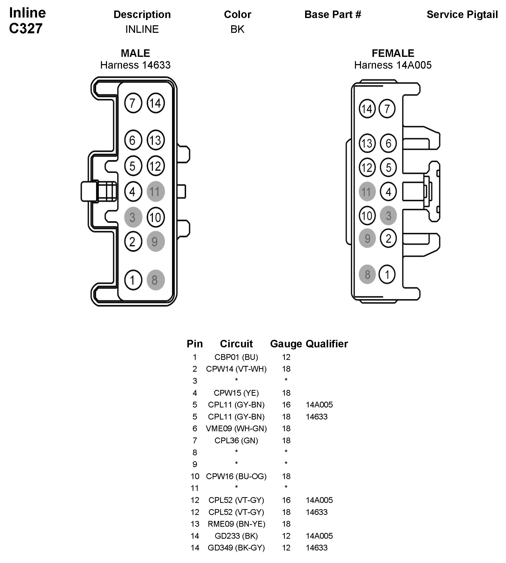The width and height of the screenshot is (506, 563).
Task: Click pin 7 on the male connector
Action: (x=133, y=103)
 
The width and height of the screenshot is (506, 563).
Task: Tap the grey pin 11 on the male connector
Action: (x=155, y=192)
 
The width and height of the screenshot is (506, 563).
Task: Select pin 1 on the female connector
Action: (x=387, y=274)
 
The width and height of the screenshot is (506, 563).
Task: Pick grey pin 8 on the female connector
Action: (x=367, y=274)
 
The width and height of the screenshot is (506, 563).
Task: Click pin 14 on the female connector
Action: (x=367, y=109)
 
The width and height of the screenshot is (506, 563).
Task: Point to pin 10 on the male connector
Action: (x=155, y=217)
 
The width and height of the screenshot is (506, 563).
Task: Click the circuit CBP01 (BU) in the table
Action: (x=236, y=357)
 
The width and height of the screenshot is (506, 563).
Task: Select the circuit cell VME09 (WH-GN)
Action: (x=236, y=429)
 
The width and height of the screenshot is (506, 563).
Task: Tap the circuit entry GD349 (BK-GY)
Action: (x=236, y=548)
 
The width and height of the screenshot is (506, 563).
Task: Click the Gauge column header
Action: (x=286, y=344)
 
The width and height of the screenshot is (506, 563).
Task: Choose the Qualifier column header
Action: (x=327, y=344)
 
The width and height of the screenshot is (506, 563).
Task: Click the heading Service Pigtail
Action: (x=462, y=15)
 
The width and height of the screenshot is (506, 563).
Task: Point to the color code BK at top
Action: (x=237, y=29)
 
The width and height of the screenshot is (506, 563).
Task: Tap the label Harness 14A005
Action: (x=393, y=65)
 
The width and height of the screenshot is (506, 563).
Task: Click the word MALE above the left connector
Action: (x=136, y=53)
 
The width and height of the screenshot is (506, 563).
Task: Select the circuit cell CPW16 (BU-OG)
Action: (x=236, y=476)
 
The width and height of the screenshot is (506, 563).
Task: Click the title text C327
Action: (x=26, y=28)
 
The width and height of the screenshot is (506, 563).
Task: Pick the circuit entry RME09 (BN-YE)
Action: (x=236, y=524)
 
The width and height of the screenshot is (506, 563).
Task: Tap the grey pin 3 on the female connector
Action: (x=389, y=216)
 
